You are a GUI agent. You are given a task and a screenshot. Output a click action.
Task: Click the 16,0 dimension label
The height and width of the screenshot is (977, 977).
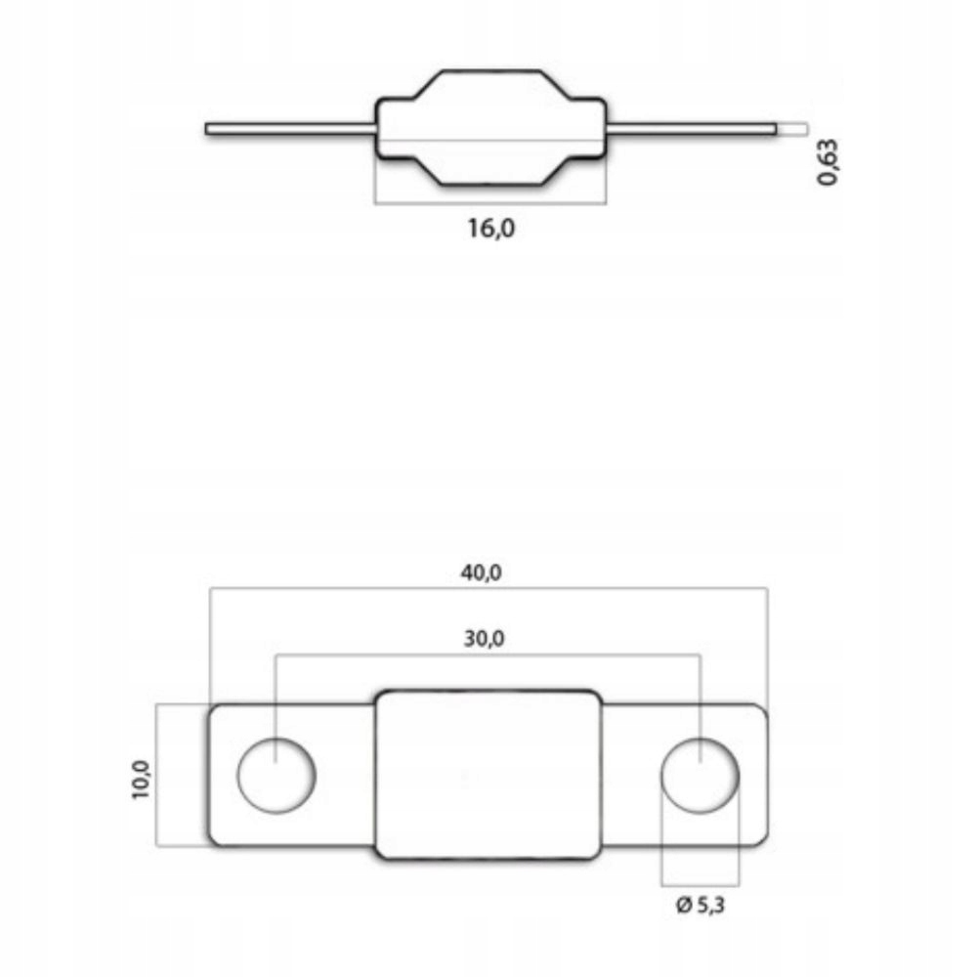coord(490,230)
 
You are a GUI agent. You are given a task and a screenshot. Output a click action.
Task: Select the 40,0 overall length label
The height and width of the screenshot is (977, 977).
coord(481,573)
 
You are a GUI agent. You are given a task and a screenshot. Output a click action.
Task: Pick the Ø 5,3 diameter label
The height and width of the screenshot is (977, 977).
coord(701,906)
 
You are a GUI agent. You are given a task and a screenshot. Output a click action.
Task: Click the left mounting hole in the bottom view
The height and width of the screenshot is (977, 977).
coord(276,776)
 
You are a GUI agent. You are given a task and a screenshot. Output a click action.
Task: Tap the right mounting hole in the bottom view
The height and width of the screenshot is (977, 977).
coord(700,776)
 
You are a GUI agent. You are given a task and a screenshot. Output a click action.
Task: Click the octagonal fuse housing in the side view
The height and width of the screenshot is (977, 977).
coord(490,128)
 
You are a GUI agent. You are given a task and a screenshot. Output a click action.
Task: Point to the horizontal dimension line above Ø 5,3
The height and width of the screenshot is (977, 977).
coord(700,884)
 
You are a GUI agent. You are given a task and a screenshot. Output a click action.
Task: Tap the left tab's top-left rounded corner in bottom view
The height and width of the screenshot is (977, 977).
coord(214,710)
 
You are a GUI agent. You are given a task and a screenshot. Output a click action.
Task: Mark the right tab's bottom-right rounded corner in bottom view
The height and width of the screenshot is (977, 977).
coord(762,839)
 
